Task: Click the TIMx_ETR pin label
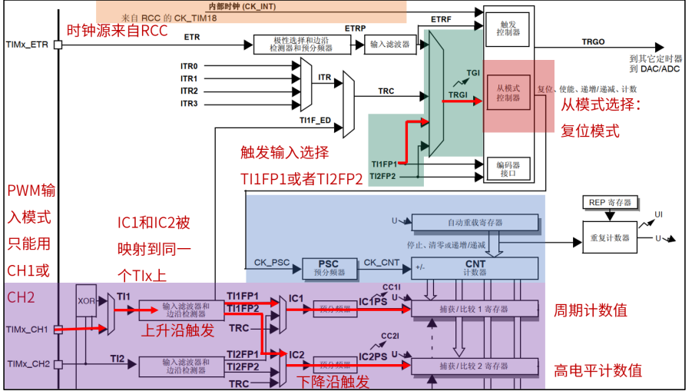point(27,45)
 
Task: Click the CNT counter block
point(475,267)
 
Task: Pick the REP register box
point(610,202)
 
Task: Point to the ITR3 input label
point(189,103)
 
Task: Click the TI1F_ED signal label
point(315,120)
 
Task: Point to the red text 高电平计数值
point(598,370)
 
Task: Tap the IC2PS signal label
point(373,356)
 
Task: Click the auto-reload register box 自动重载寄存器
point(475,222)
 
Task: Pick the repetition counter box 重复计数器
point(610,237)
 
